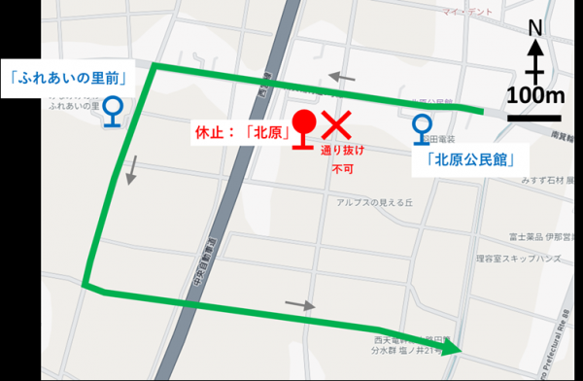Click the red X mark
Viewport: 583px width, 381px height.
pos(336,123)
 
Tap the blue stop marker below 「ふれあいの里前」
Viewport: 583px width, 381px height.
pos(114,111)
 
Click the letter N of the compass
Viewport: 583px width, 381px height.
pos(533,32)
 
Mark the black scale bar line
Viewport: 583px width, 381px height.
pos(533,116)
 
